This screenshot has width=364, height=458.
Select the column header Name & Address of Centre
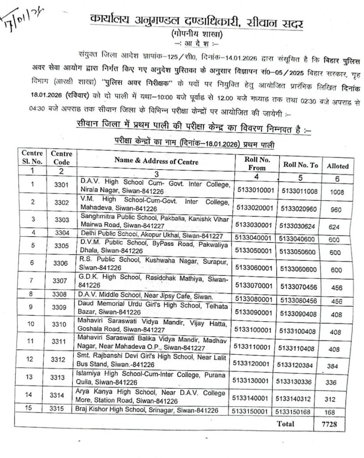coord(156,161)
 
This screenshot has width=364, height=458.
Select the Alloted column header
coord(338,165)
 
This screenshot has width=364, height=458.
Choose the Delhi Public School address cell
coord(153,233)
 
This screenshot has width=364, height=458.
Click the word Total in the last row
coord(285,423)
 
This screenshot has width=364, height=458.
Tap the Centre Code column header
coord(62,157)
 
